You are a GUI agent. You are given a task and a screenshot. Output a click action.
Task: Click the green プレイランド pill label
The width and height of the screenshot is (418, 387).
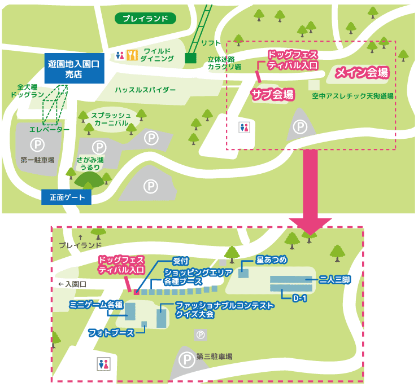click(x=146, y=19)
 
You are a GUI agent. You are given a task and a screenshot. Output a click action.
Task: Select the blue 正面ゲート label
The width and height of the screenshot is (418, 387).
click(x=66, y=197)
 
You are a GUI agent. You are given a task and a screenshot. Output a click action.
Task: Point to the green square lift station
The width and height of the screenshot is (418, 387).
click(x=190, y=58)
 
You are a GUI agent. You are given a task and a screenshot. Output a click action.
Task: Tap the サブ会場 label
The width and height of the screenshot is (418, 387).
click(x=272, y=94)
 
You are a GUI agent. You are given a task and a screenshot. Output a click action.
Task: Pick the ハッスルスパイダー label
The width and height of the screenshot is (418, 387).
click(x=146, y=90)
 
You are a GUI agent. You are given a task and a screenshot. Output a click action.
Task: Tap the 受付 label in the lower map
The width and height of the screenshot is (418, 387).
click(x=180, y=261)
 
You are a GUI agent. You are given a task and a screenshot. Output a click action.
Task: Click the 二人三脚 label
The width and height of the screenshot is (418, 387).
click(x=334, y=279)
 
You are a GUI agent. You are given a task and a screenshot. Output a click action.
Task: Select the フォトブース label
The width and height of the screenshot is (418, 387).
click(x=111, y=333)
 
